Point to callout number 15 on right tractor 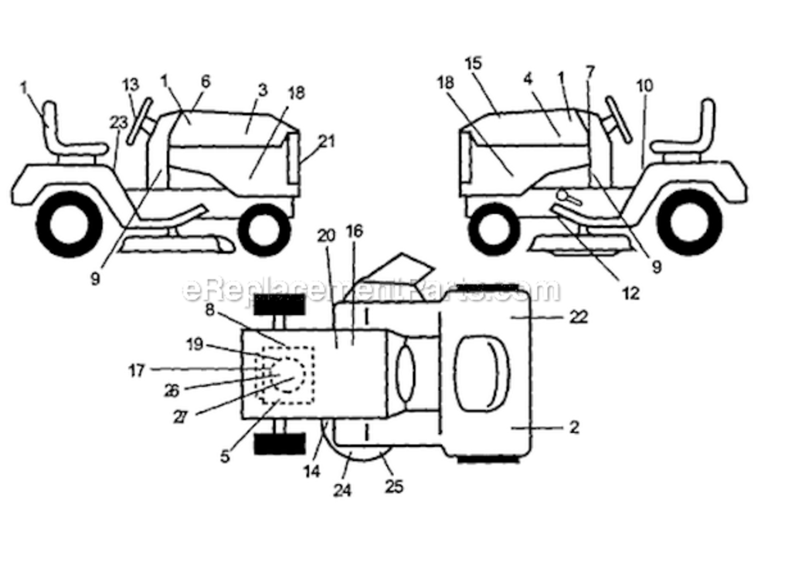(474, 64)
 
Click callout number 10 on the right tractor (644, 86)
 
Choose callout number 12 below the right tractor (630, 293)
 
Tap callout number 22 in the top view (578, 317)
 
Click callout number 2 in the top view (574, 427)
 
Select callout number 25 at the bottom (394, 486)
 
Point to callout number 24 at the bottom (342, 490)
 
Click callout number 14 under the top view (312, 471)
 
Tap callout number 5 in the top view (225, 456)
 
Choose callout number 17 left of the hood (137, 371)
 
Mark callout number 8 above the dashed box (210, 310)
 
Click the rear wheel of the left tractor (70, 225)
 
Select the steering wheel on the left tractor (138, 121)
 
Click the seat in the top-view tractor (482, 373)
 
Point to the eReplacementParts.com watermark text (371, 289)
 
